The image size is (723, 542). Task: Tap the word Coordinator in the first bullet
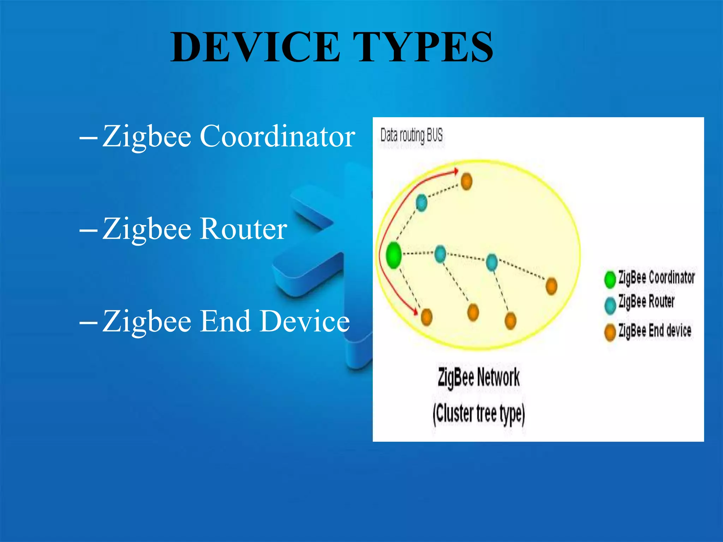tap(277, 136)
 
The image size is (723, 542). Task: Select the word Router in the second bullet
tap(244, 229)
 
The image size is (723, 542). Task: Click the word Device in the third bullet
tap(305, 321)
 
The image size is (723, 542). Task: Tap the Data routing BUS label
tap(411, 135)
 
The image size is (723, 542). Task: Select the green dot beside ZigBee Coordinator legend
tap(610, 279)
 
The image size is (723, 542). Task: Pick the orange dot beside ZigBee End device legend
tap(610, 332)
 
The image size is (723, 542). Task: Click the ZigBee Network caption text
tap(478, 377)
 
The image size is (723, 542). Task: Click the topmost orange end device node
tap(466, 181)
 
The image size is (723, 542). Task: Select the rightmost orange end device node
tap(551, 285)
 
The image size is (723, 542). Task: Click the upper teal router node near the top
tap(421, 203)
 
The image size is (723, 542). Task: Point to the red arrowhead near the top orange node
tap(456, 171)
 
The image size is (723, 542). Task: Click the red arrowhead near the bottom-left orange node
tap(416, 312)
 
